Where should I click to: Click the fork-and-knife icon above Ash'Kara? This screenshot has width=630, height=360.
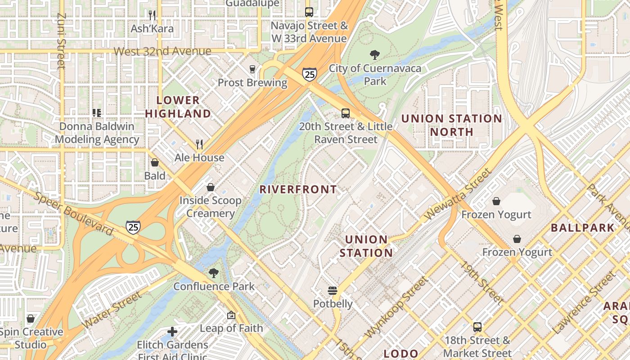click(x=152, y=15)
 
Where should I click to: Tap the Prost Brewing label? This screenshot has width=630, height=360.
click(x=252, y=82)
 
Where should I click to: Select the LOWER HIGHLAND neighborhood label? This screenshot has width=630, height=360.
click(x=178, y=107)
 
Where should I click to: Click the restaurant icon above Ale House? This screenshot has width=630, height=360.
click(x=199, y=144)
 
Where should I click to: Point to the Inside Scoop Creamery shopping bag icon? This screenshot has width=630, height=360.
click(x=210, y=187)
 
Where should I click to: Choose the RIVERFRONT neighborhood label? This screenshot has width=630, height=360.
click(x=298, y=189)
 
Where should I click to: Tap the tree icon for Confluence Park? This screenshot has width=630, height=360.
click(x=214, y=273)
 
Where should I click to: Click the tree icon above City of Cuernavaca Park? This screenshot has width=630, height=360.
click(x=374, y=55)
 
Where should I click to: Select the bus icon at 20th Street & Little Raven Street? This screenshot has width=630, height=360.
click(x=345, y=113)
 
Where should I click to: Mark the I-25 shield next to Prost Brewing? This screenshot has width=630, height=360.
click(x=309, y=74)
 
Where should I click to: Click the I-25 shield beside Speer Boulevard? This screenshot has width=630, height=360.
click(x=133, y=227)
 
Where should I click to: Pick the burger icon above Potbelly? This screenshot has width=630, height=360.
click(x=333, y=291)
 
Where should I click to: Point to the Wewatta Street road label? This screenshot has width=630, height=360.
click(x=457, y=194)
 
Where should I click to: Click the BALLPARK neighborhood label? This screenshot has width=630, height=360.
click(x=582, y=228)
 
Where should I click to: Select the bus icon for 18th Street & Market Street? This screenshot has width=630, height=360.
click(x=477, y=327)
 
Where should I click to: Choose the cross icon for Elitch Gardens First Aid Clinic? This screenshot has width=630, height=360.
click(x=172, y=332)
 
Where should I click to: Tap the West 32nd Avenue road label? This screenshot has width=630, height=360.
click(x=162, y=51)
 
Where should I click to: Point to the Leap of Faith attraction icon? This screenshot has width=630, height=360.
click(x=231, y=315)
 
